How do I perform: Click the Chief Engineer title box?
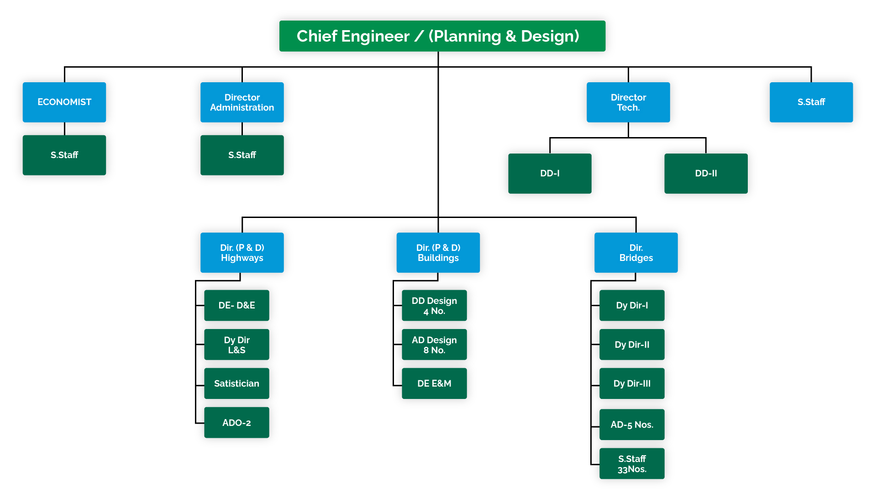point(442,36)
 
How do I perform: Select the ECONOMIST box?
point(64,102)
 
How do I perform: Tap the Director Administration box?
point(242,102)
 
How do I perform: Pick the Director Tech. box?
point(628,102)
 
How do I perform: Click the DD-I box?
point(550,173)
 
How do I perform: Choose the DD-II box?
point(706,173)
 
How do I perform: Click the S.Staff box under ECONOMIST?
point(64,155)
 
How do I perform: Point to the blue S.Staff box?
point(811,102)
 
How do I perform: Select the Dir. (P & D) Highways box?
point(242,252)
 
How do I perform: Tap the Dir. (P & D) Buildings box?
point(438,252)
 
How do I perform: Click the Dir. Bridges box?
point(636,252)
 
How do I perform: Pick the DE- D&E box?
point(236,305)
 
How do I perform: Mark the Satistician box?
point(236,383)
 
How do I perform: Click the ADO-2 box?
point(236,423)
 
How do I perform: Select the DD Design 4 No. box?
point(434,305)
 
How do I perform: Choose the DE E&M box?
point(434,383)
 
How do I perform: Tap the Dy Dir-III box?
point(632,383)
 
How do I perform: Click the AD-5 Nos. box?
point(632,425)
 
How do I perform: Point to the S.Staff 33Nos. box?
point(632,463)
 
